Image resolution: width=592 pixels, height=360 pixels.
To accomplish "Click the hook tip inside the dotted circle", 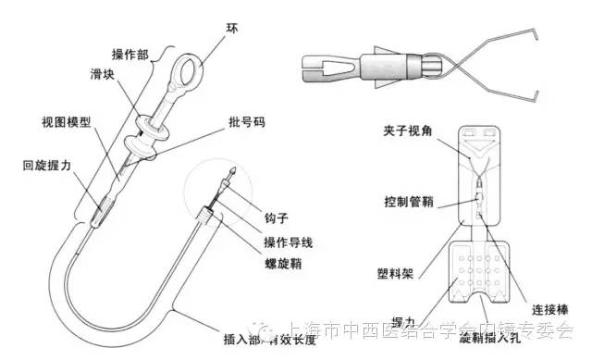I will tap(236, 173).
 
